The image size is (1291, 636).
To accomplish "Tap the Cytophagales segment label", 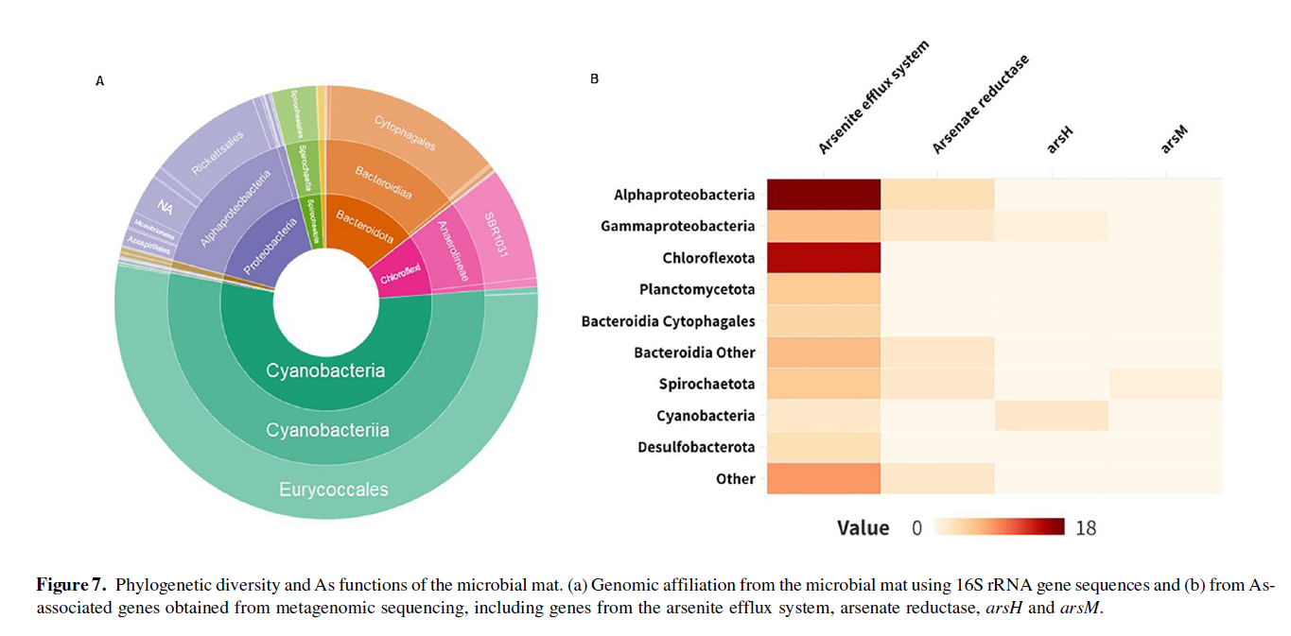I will [x=405, y=133].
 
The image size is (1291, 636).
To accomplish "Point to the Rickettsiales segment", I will [x=218, y=152].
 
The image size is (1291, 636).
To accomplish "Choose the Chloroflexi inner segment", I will [x=400, y=277].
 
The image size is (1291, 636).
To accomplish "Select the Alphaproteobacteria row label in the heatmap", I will [x=684, y=195].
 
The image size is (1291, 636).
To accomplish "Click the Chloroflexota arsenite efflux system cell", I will [x=823, y=258].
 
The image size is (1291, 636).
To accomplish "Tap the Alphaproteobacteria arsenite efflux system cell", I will [x=823, y=195].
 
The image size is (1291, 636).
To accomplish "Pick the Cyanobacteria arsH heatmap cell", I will [x=1051, y=416].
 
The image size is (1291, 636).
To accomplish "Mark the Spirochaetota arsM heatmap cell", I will [x=1164, y=384].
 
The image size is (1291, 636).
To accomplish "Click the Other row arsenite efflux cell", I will [x=823, y=478].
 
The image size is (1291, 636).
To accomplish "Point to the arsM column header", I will [x=1173, y=141].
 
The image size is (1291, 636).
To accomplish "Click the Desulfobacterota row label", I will [x=696, y=447].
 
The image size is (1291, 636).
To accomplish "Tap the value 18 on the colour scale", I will [x=1086, y=528].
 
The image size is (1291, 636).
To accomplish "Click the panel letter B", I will [x=594, y=79].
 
